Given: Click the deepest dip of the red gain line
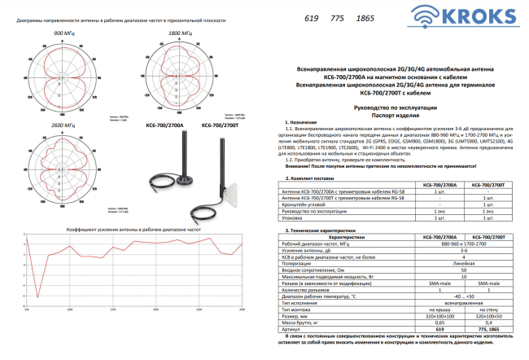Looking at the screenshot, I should [37, 296].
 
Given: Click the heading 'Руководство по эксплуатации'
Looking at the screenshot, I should [396, 108].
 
